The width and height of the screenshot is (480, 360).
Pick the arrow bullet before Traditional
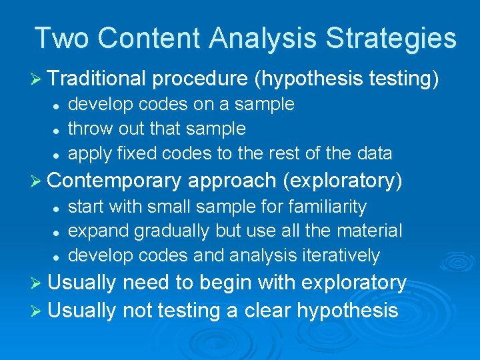coord(39,79)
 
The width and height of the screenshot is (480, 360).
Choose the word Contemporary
coord(115,181)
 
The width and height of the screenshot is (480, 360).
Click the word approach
coord(228,181)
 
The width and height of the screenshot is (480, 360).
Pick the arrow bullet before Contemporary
coord(39,181)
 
